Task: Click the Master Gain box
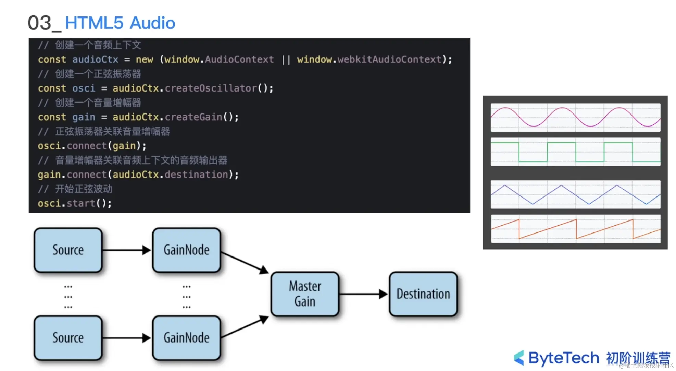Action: click(x=305, y=294)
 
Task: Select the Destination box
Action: click(x=423, y=294)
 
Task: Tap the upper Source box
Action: click(x=68, y=250)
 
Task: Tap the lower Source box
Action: click(x=68, y=338)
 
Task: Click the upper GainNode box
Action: click(x=186, y=250)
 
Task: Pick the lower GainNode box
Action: click(x=186, y=338)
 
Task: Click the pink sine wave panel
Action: click(x=575, y=117)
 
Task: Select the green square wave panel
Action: click(x=575, y=152)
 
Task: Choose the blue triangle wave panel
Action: click(x=575, y=194)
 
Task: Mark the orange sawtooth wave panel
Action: click(x=575, y=229)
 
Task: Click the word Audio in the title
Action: click(x=153, y=23)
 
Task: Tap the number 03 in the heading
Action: click(x=39, y=23)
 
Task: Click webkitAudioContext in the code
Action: click(x=389, y=60)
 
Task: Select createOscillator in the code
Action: click(x=211, y=88)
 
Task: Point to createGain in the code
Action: click(x=193, y=117)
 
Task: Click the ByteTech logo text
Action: click(x=563, y=358)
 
